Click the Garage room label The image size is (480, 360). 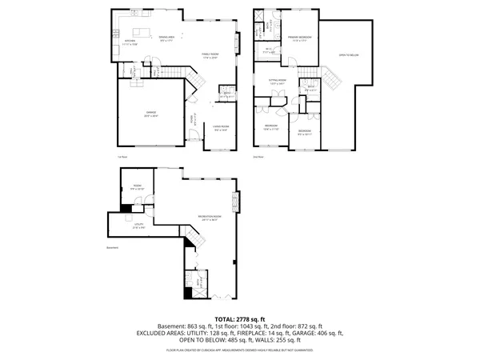[150, 114]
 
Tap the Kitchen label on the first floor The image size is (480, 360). [130, 42]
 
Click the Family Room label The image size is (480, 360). [210, 54]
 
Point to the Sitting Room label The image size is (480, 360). [278, 82]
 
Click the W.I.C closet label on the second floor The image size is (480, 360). [269, 52]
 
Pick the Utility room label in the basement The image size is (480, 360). [138, 226]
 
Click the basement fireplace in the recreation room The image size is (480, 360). [234, 199]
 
